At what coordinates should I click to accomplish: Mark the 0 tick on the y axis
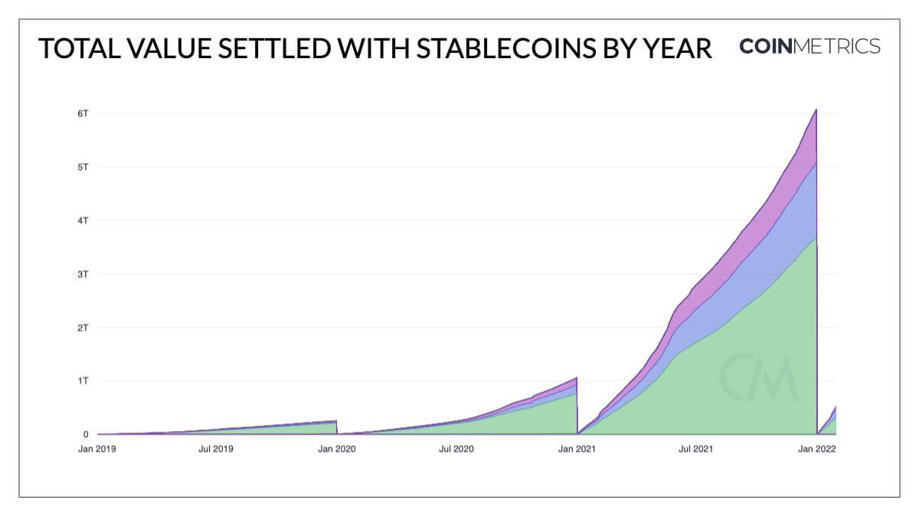click(86, 434)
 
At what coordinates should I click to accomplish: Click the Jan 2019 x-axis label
click(97, 450)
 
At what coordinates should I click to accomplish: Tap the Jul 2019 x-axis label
click(217, 450)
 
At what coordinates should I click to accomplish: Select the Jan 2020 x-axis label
click(337, 450)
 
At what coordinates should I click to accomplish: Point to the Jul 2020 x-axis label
click(456, 450)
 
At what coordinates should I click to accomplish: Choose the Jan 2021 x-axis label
click(577, 450)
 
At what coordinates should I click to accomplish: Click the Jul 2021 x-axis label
click(696, 450)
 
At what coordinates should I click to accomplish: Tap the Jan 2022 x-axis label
click(816, 450)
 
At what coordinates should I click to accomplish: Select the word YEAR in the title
click(675, 47)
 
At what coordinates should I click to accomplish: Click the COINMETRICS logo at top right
click(809, 47)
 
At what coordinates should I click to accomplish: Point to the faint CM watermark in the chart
click(758, 377)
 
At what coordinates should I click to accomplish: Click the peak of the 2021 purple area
click(816, 110)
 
